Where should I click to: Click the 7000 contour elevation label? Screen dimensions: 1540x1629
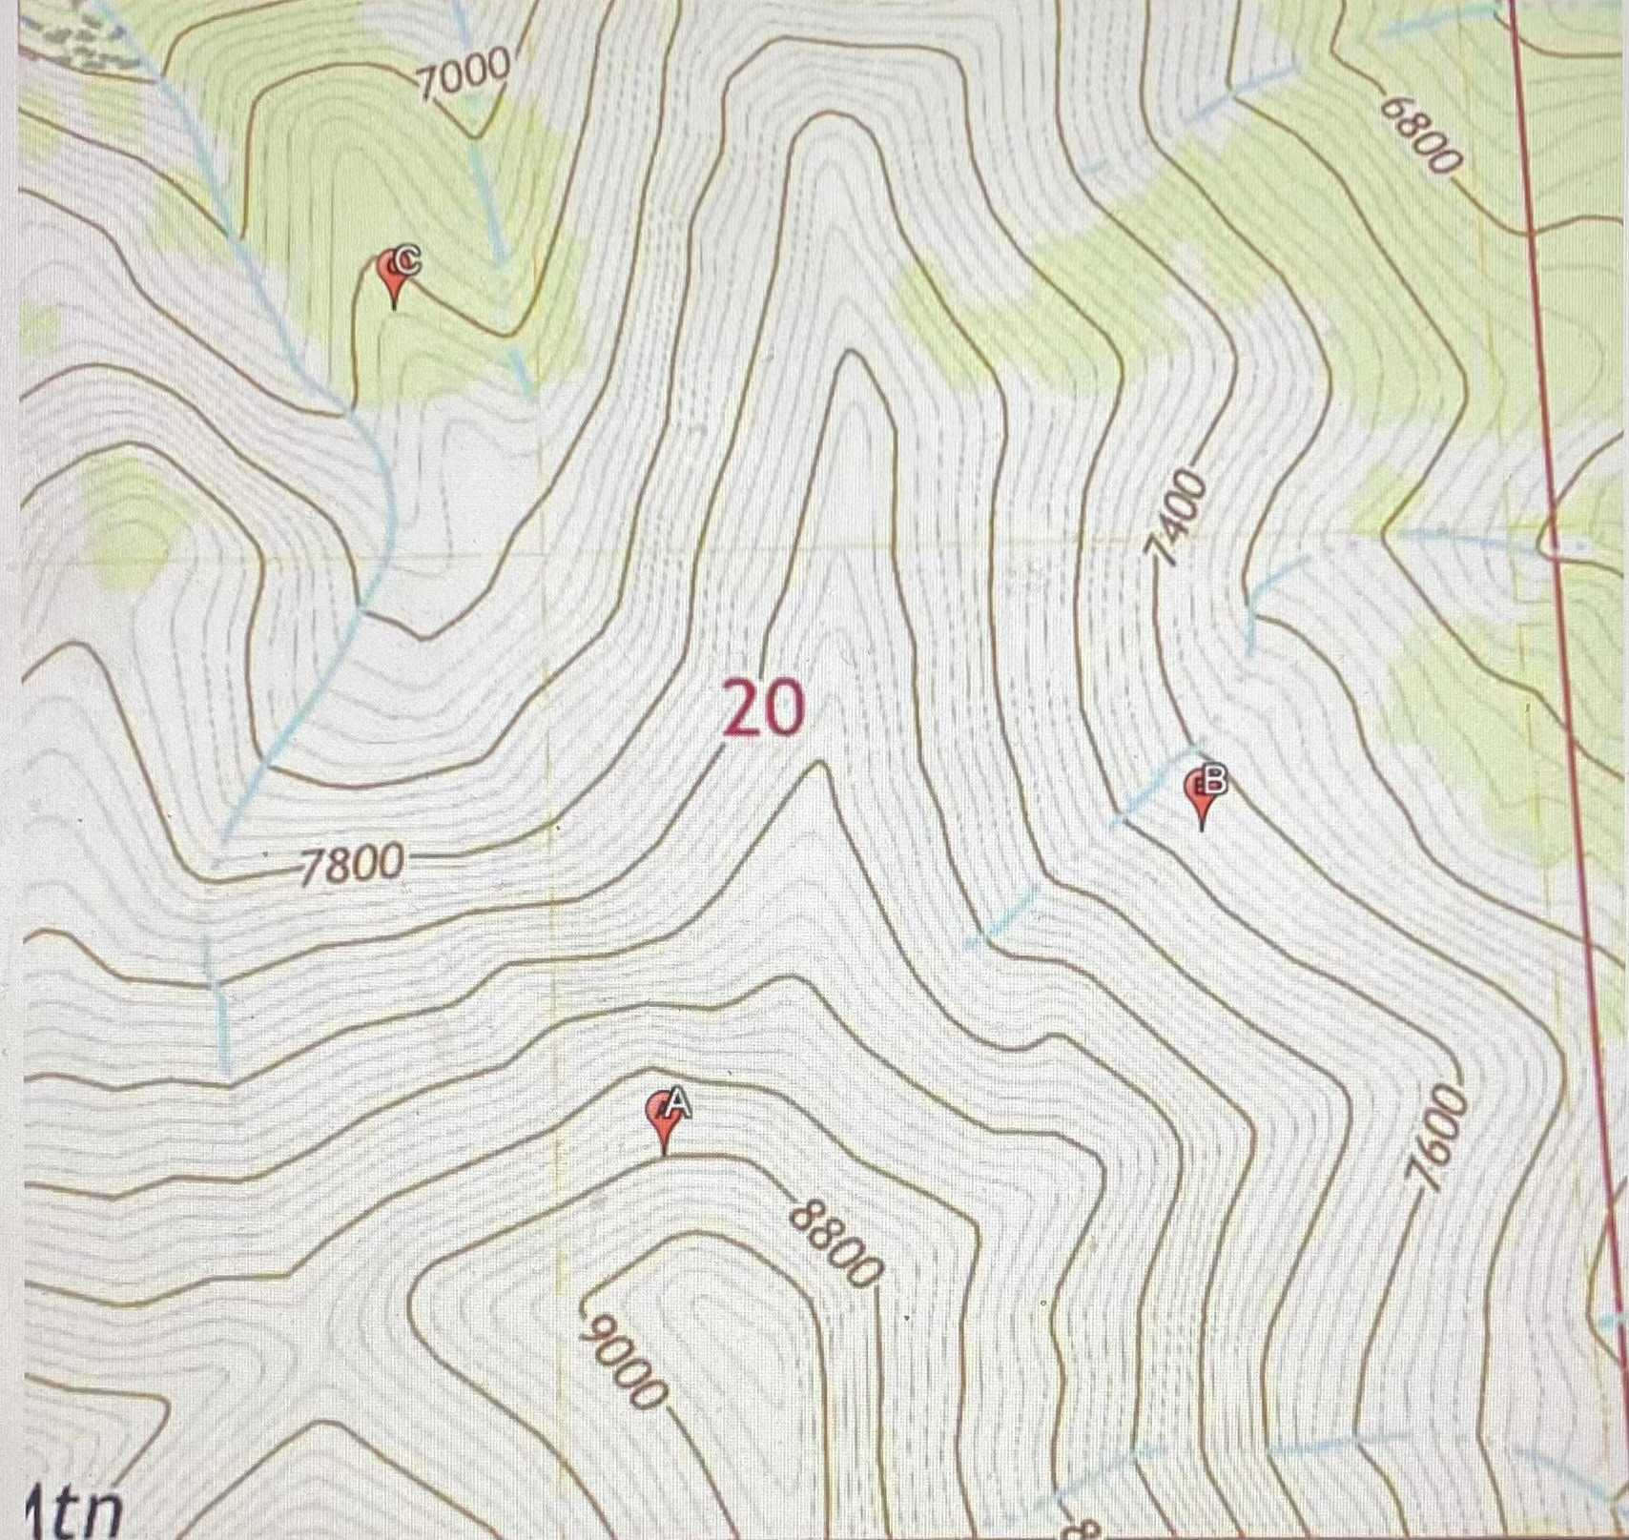point(465,73)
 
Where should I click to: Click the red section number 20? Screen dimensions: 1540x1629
point(763,709)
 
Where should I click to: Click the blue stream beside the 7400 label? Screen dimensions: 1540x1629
point(1268,591)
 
